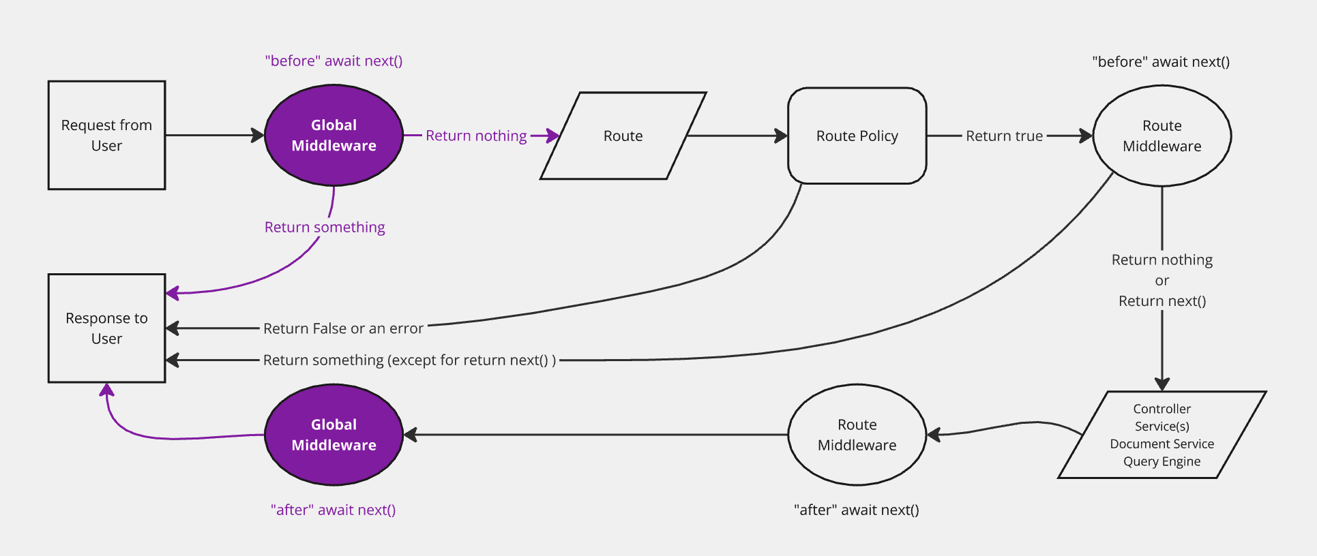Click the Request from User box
coord(106,135)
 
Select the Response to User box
coord(106,328)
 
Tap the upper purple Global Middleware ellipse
coord(334,135)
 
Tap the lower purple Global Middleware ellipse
coord(334,435)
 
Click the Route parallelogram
coord(623,136)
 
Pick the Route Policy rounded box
coord(857,136)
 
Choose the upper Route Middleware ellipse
coord(1161,136)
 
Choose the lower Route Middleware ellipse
coord(857,435)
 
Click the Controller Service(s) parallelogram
coord(1161,435)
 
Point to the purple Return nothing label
coord(476,136)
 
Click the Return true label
coord(1004,136)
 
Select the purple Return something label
coord(325,227)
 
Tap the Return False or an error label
coord(343,328)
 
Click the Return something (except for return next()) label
coord(409,360)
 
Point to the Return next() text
coord(1161,300)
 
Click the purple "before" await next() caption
coord(334,61)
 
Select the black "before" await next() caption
coord(1160,61)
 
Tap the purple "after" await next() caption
coord(333,510)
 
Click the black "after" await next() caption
coord(856,510)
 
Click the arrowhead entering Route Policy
coord(782,136)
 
